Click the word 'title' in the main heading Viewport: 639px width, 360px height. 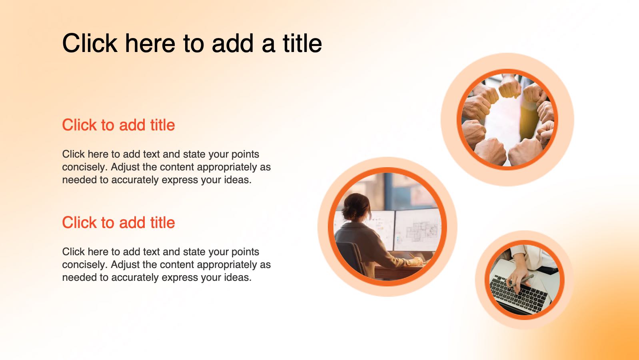pos(302,43)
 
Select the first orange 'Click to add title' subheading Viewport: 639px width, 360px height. pos(118,125)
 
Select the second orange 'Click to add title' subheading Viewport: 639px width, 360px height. pos(118,223)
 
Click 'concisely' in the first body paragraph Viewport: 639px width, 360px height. pos(85,167)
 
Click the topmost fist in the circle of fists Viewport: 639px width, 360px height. pos(509,86)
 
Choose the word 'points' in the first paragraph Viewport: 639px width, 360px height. pos(245,154)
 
